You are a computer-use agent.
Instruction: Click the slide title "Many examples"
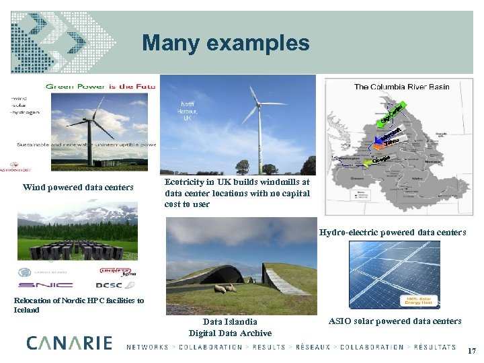[226, 44]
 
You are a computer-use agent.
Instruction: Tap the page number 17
[471, 350]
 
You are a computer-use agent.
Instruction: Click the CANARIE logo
[69, 343]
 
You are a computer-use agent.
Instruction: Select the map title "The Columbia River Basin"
[401, 86]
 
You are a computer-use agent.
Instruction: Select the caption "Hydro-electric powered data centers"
[393, 233]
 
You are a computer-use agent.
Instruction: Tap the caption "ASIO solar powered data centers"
[395, 321]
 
